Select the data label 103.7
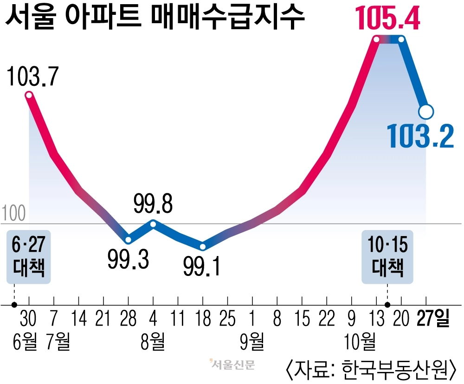pyautogui.click(x=32, y=77)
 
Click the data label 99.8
pyautogui.click(x=154, y=204)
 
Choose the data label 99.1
pyautogui.click(x=202, y=266)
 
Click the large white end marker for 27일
pyautogui.click(x=426, y=111)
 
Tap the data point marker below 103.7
pyautogui.click(x=29, y=96)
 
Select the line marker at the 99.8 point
pyautogui.click(x=154, y=224)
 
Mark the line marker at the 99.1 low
pyautogui.click(x=202, y=246)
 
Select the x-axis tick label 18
pyautogui.click(x=202, y=319)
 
